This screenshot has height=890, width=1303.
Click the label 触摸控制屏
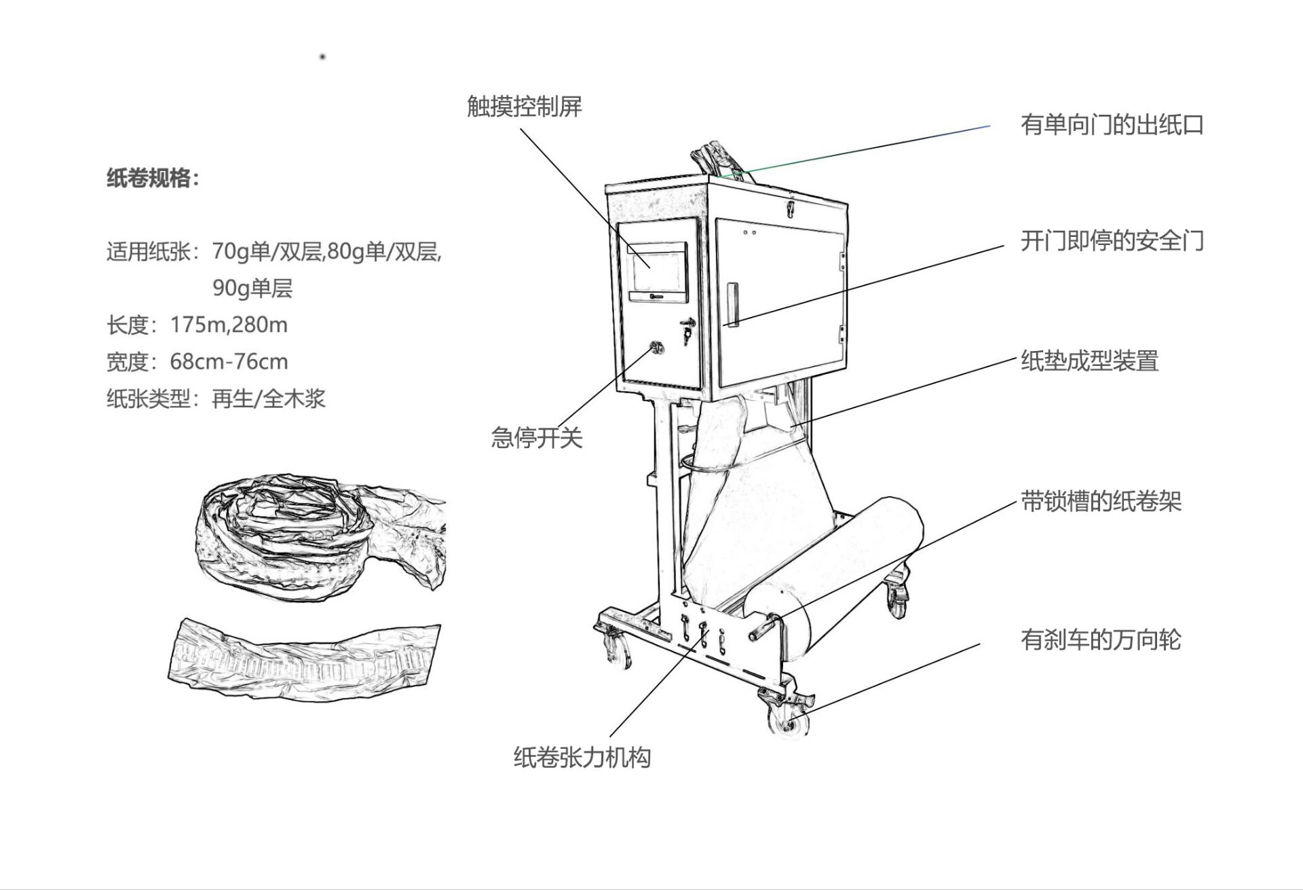pyautogui.click(x=524, y=107)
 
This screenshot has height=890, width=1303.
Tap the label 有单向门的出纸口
pyautogui.click(x=1112, y=125)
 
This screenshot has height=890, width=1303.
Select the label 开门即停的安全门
pyautogui.click(x=1112, y=241)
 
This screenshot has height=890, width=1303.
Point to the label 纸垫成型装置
pyautogui.click(x=1089, y=360)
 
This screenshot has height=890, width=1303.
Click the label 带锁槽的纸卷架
pyautogui.click(x=1101, y=502)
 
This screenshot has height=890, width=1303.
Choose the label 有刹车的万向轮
pyautogui.click(x=1100, y=639)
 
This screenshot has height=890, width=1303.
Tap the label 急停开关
pyautogui.click(x=536, y=438)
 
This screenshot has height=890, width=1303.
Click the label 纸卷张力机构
pyautogui.click(x=582, y=757)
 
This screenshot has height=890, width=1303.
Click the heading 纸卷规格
pyautogui.click(x=153, y=179)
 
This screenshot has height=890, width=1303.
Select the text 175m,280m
pyautogui.click(x=229, y=325)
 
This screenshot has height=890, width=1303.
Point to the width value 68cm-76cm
pyautogui.click(x=229, y=361)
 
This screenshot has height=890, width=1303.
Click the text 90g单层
pyautogui.click(x=252, y=289)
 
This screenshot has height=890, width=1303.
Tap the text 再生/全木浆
pyautogui.click(x=269, y=398)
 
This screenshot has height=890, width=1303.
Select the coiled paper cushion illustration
pyautogui.click(x=319, y=536)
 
